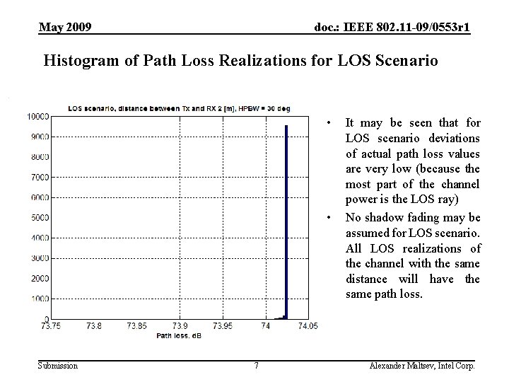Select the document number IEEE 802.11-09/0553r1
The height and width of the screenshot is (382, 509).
(x=392, y=28)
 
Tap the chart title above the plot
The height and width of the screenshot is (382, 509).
(x=178, y=108)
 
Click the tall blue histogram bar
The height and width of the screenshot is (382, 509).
(x=286, y=219)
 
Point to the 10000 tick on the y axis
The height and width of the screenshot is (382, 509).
(x=37, y=115)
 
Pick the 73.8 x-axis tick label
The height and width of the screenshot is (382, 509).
(x=93, y=326)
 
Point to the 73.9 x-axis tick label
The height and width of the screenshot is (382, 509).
(x=180, y=326)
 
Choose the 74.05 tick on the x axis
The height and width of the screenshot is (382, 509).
(x=308, y=326)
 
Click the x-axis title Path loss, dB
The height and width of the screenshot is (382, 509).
(x=179, y=335)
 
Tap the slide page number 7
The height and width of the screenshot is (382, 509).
(x=256, y=366)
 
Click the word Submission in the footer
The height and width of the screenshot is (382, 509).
(x=58, y=366)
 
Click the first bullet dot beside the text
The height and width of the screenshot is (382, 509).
(x=331, y=122)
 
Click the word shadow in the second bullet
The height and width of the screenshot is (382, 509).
(x=383, y=217)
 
